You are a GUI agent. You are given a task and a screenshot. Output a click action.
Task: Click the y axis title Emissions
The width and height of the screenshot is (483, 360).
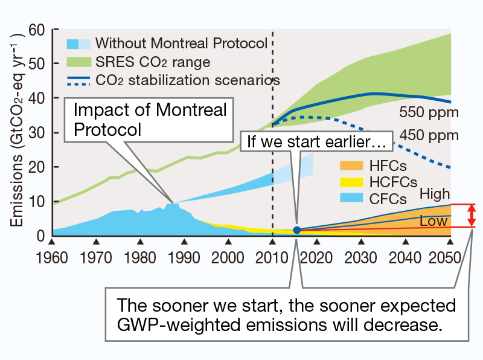[x=16, y=176]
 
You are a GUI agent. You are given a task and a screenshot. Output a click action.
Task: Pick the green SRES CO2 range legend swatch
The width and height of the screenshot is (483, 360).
[x=78, y=62]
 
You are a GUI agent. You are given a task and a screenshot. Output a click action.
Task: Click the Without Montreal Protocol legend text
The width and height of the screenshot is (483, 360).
[x=181, y=43]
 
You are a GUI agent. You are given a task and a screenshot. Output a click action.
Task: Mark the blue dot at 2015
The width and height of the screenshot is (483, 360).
[x=296, y=230]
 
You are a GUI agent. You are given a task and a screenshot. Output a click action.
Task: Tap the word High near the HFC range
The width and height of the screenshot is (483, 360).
[x=435, y=194]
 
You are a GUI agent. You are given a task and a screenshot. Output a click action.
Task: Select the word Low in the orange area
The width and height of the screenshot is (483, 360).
[x=433, y=222]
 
